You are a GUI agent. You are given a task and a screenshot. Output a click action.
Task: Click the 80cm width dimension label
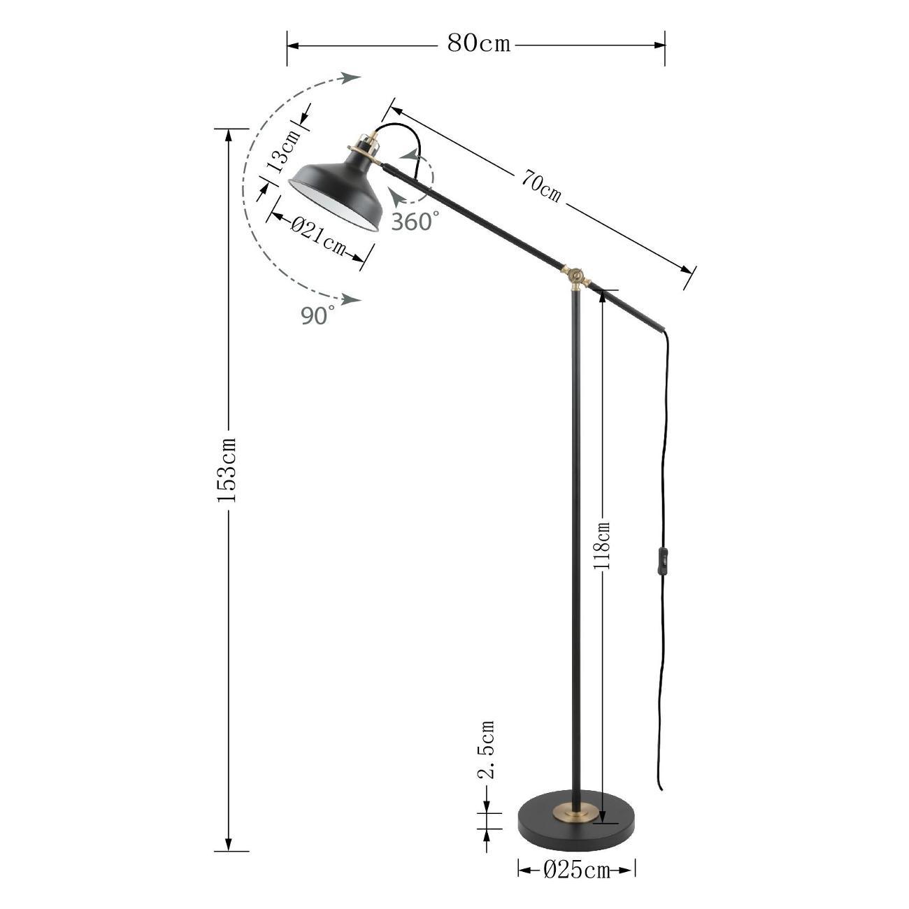pos(478,44)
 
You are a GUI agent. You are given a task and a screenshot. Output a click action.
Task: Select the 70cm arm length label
pos(541,186)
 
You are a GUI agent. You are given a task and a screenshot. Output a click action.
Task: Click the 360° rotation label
pos(415,221)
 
